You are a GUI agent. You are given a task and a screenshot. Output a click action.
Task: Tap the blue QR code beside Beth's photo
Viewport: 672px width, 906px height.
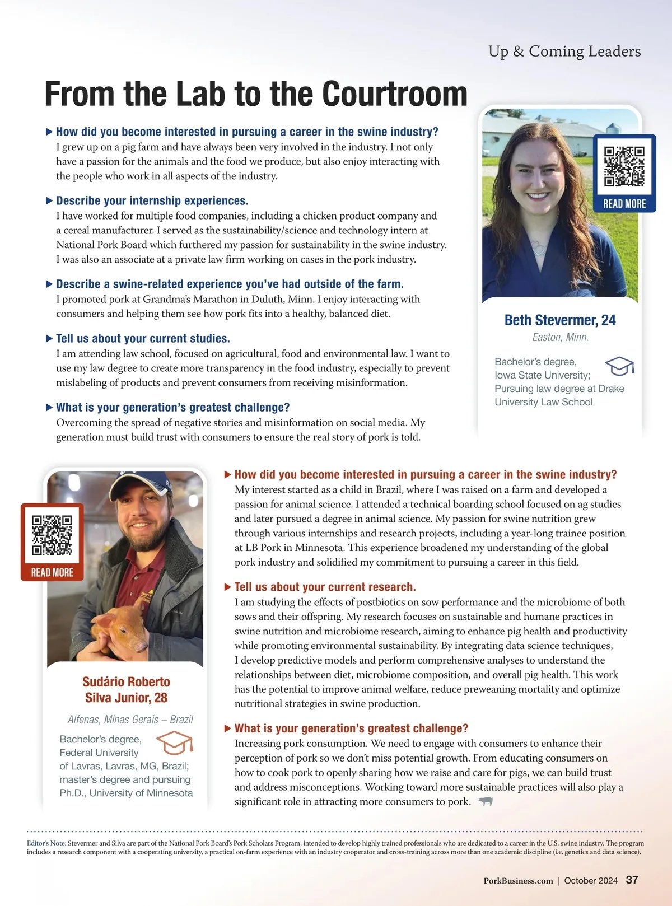click(624, 166)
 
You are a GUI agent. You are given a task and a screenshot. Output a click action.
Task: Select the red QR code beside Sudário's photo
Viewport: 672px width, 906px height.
click(52, 535)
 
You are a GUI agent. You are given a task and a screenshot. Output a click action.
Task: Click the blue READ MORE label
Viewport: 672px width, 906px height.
click(624, 204)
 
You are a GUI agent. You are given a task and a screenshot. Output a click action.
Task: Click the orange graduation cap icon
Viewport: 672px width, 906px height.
click(175, 743)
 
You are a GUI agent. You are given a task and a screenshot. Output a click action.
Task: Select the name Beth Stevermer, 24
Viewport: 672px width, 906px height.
click(560, 320)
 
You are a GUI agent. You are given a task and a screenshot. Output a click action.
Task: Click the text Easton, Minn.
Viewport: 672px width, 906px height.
click(560, 337)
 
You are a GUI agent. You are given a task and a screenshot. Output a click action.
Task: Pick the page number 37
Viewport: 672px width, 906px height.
click(632, 880)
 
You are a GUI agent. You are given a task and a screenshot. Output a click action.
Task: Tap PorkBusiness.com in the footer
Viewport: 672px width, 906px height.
click(518, 881)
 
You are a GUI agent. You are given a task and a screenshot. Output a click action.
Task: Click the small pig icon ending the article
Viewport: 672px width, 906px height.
click(486, 801)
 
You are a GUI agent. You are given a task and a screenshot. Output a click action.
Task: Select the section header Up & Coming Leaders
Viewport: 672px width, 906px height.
click(564, 52)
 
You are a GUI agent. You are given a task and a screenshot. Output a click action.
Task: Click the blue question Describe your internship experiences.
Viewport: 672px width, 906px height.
click(152, 200)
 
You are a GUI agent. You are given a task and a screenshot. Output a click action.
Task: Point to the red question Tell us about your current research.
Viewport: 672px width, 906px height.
click(325, 587)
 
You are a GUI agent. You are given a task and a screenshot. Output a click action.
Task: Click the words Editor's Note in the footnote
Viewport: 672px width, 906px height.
click(46, 843)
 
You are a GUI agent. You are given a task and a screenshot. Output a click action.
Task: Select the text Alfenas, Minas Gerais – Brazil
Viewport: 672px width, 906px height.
click(130, 719)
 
